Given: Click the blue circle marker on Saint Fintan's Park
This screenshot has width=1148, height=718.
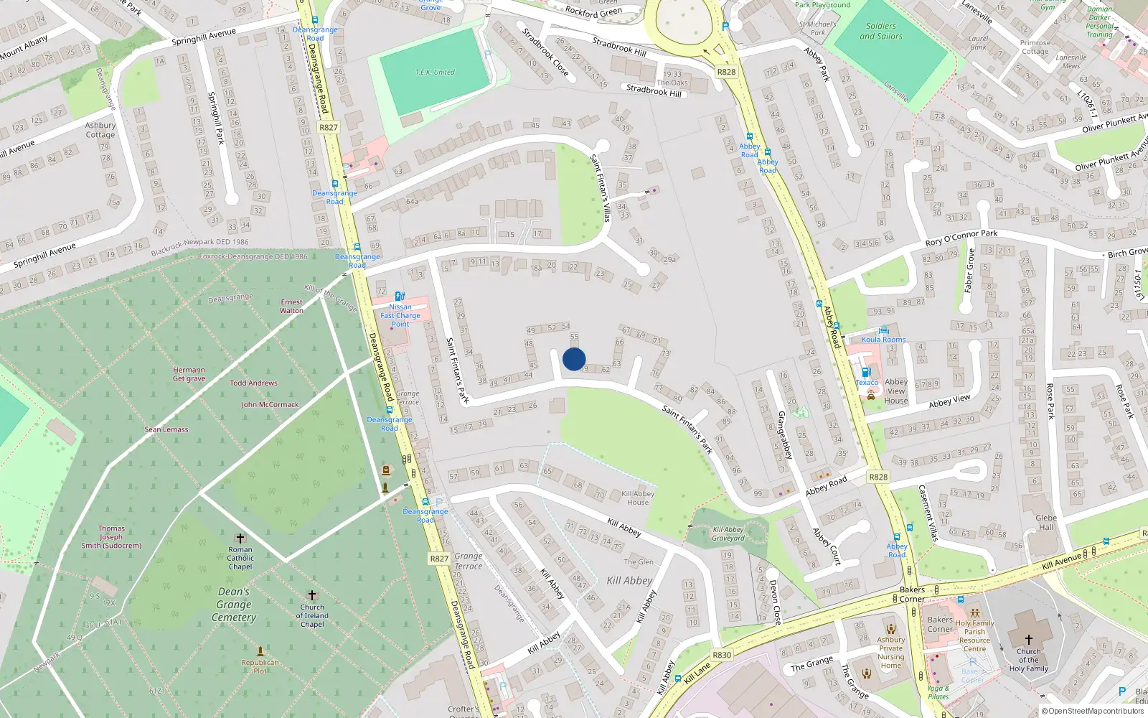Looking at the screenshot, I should [x=574, y=359].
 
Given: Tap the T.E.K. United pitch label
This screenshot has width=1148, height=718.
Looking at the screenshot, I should [x=435, y=72].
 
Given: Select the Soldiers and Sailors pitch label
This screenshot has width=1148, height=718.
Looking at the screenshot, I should [x=881, y=31].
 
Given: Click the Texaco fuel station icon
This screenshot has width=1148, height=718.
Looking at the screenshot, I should [x=866, y=372].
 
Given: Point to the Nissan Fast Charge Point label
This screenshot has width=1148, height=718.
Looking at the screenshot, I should [x=400, y=315].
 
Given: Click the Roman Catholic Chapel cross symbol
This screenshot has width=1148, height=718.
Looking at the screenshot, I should [x=240, y=538].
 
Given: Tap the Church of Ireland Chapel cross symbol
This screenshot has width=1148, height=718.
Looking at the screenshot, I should [x=311, y=595].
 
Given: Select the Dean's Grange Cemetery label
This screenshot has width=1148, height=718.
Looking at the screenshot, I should [x=234, y=605].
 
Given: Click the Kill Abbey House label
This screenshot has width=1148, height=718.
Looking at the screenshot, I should [x=638, y=498].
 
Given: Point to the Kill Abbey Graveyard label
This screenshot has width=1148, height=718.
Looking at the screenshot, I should [x=728, y=533].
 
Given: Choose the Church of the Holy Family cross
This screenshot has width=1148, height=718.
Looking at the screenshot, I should [x=1028, y=639].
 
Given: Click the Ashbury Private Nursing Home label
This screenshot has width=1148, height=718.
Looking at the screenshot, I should [x=890, y=653].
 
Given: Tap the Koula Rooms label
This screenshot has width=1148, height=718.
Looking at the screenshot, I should [x=883, y=340].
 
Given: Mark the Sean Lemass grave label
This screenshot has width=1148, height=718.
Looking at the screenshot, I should [x=166, y=429].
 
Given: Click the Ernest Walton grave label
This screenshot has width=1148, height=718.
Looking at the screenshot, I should [x=291, y=306].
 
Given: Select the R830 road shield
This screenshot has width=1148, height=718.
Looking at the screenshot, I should [x=722, y=655].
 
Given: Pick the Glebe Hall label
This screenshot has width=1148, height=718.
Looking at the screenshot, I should [x=1046, y=522].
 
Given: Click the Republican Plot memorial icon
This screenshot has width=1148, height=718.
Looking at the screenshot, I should [x=260, y=652].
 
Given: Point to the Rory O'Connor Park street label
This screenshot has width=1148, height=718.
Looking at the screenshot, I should [x=961, y=238].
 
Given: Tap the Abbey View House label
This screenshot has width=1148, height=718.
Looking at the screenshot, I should [x=896, y=391].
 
